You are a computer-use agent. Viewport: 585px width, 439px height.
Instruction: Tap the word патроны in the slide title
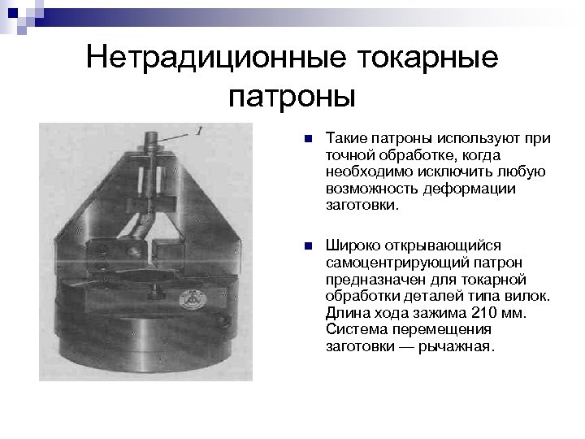292,98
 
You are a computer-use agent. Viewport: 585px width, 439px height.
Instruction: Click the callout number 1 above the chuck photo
200,130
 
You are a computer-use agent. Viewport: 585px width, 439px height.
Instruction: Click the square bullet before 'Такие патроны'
305,139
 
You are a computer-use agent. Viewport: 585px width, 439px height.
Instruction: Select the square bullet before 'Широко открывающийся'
305,246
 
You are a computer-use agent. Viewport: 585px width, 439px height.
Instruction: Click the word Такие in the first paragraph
342,138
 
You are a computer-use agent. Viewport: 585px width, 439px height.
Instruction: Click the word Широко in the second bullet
349,246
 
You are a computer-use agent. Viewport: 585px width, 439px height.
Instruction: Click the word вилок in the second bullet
531,297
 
